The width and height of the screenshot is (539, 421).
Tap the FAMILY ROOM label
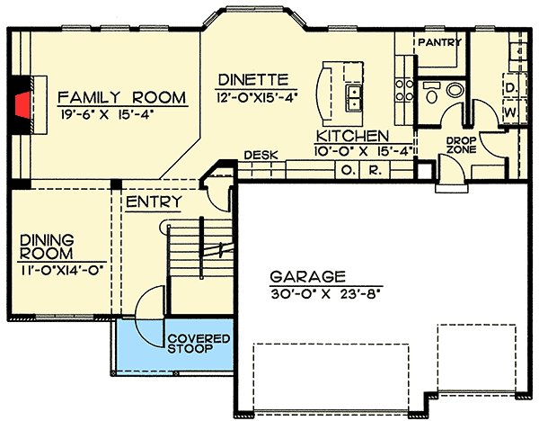click(121, 97)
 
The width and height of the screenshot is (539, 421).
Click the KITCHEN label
click(351, 135)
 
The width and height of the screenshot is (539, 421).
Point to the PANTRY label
click(438, 42)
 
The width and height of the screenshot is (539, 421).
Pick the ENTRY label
click(155, 202)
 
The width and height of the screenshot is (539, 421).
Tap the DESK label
click(259, 155)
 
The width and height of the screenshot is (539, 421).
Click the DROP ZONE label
click(460, 147)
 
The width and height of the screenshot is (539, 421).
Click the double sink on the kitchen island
click(354, 94)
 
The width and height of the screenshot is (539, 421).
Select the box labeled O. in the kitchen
click(346, 169)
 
